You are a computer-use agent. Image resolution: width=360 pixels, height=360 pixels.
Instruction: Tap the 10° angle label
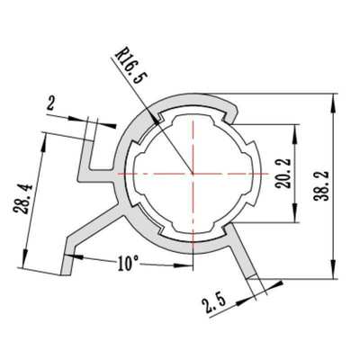[127, 265]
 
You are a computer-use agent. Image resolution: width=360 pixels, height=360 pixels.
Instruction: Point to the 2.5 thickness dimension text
[213, 301]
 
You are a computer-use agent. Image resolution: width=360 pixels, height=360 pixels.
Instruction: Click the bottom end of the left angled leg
[67, 270]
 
